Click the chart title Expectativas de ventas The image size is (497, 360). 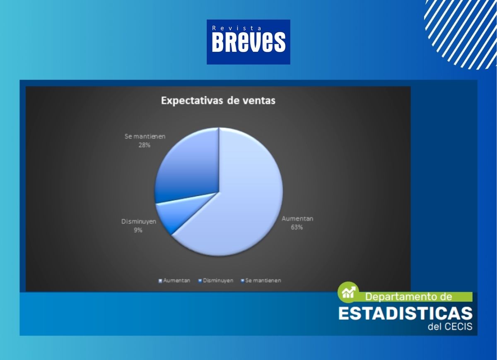coord(218,101)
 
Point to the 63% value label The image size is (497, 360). coord(297,227)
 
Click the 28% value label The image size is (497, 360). coord(145,145)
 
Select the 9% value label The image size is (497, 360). coord(138,230)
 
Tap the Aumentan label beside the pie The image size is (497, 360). coord(297,218)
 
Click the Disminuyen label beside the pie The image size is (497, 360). coord(139,221)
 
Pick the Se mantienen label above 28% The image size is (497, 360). coord(145,136)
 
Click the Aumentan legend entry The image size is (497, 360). coord(174,281)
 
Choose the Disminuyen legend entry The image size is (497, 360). coord(216,281)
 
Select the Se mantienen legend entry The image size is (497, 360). coord(261,281)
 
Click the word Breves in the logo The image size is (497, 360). coord(248,42)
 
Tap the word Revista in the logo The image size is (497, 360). coord(236,28)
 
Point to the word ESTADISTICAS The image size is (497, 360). coord(405,314)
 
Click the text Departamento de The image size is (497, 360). coord(408,297)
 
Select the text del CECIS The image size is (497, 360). coord(450,327)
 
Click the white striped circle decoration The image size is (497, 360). coord(461,33)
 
